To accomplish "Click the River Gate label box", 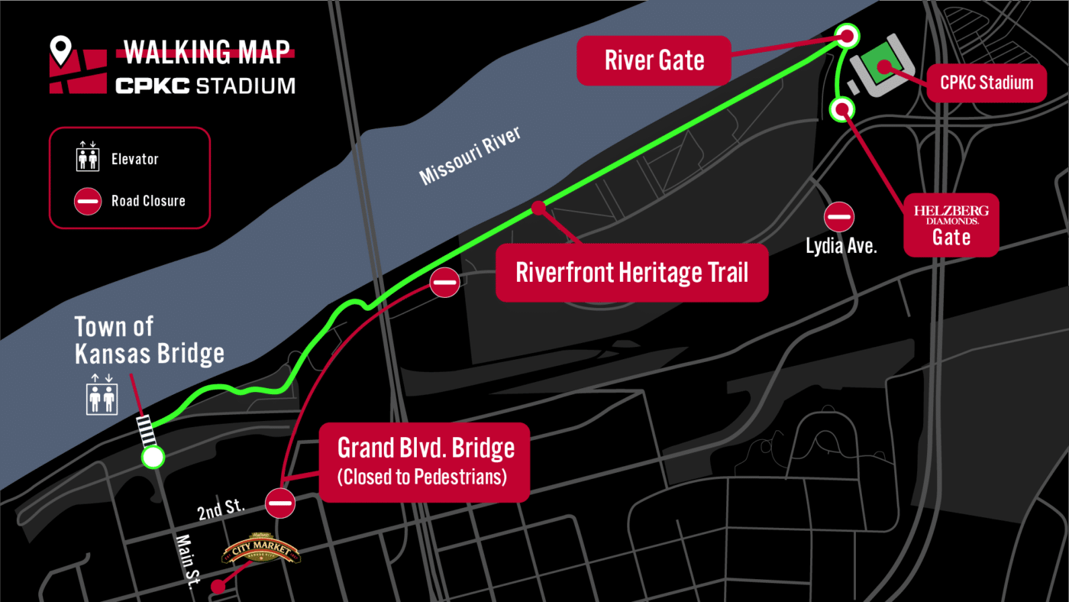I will pos(654,60).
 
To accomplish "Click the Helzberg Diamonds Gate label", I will pos(951,225).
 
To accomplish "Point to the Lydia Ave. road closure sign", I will pos(839,217).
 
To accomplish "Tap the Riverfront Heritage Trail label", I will pos(631,273).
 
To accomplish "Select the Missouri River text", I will pos(470,157).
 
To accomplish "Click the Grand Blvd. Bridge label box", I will pos(424,461).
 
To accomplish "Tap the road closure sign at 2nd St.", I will pos(280,503).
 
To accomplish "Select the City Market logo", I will pos(260,553).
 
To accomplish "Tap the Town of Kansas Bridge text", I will pos(149,340).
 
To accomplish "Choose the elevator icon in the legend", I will pos(88,159).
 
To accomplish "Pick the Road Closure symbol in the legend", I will pos(88,202).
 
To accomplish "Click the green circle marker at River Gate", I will pos(847,35).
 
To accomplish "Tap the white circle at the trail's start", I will pos(153,458).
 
